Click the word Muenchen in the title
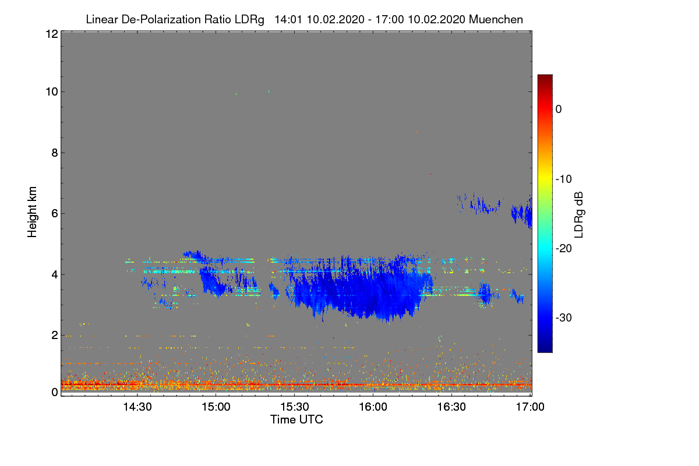coord(496,19)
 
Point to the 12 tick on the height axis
coord(51,34)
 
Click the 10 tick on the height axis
coord(51,91)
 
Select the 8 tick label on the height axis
coord(53,153)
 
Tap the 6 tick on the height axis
coord(53,213)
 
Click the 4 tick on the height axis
coord(53,274)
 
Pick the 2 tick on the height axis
coord(53,335)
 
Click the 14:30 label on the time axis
coord(137,407)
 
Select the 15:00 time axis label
coord(216,407)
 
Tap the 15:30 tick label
coord(294,407)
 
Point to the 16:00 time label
coord(373,407)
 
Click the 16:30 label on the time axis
coord(451,407)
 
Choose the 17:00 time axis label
coord(530,407)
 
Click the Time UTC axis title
coord(296,419)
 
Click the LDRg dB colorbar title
coord(579,214)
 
